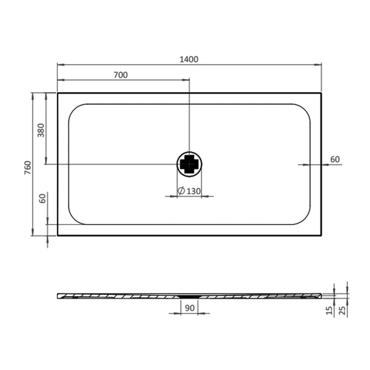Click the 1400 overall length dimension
(189, 59)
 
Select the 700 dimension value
(121, 75)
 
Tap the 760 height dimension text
(28, 167)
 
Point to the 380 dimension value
(41, 130)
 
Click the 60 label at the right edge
(335, 159)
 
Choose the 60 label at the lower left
(43, 199)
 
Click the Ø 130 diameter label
(189, 191)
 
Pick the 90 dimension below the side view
(190, 308)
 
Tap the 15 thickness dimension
(329, 310)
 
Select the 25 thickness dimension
(342, 310)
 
